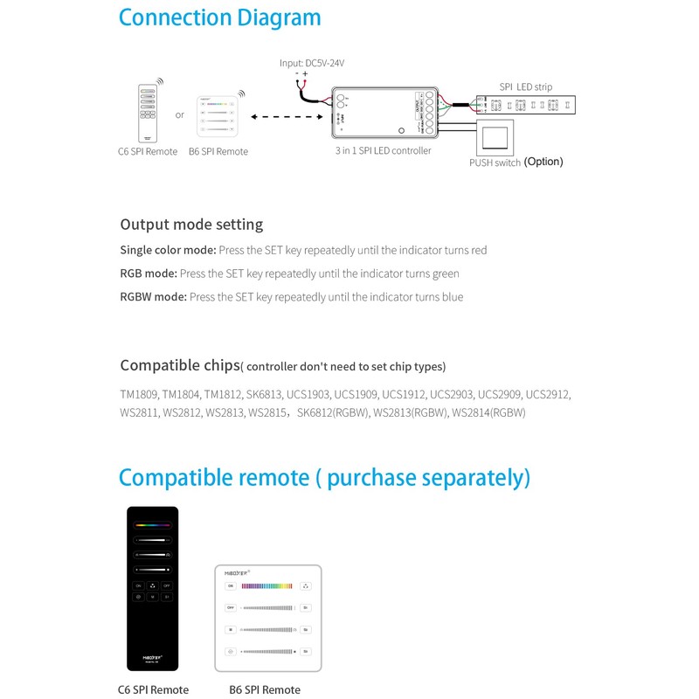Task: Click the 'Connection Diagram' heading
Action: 219,17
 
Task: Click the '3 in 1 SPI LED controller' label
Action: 384,151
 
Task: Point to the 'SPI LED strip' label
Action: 525,87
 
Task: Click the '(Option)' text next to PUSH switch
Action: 543,162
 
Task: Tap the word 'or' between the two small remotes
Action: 180,114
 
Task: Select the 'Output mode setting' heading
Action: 191,225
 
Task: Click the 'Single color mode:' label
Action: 168,250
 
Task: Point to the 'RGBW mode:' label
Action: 153,297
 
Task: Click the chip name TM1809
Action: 138,394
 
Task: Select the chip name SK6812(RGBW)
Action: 332,412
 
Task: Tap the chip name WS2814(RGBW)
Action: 488,412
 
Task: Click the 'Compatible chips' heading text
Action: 179,365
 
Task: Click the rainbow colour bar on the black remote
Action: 152,526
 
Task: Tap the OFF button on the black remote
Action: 166,585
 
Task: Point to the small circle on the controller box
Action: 400,130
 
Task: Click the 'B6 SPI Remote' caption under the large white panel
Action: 265,689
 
